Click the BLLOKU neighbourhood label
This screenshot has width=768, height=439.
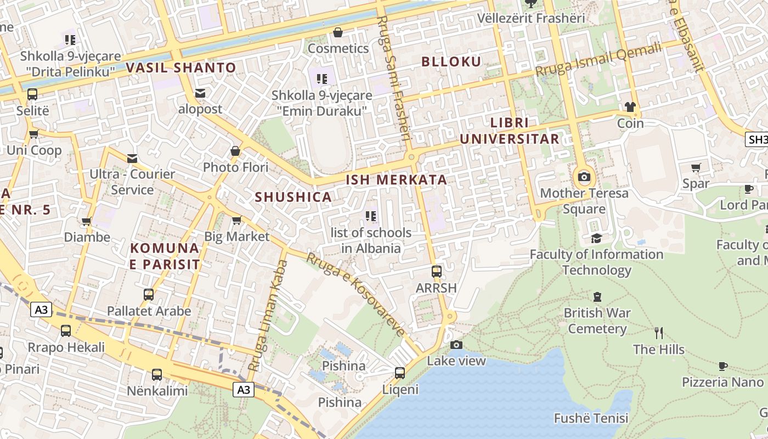[451, 61]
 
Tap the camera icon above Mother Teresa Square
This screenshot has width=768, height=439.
[584, 177]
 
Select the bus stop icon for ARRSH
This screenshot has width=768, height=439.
[437, 272]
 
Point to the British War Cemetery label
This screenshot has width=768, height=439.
[597, 321]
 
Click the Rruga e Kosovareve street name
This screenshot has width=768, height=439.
[355, 294]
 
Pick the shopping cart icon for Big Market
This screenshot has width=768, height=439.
[236, 221]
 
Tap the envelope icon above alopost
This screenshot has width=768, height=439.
[200, 93]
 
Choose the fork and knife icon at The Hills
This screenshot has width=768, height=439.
[659, 333]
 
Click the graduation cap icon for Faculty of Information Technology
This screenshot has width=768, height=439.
[596, 238]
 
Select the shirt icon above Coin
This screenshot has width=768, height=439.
[630, 107]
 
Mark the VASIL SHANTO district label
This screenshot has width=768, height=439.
[181, 68]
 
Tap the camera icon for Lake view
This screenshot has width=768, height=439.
[456, 345]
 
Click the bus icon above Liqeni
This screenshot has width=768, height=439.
[400, 373]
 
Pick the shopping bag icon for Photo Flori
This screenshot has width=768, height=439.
[235, 151]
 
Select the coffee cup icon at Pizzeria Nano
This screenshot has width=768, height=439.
[722, 366]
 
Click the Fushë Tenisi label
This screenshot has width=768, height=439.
[591, 418]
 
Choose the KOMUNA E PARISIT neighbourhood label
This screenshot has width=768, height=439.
[165, 256]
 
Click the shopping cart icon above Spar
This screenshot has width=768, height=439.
[696, 167]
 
